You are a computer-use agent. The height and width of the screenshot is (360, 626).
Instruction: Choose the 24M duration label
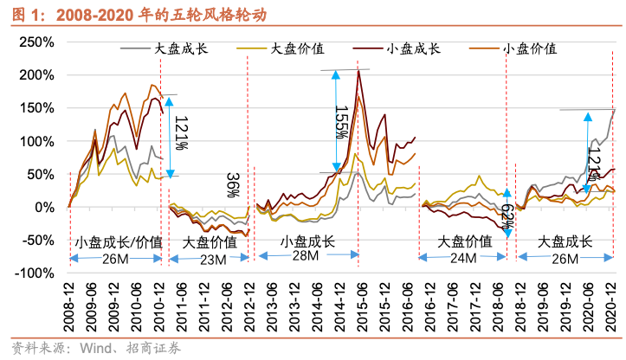pos(463,259)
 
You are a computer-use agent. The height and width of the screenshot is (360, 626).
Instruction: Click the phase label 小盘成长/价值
pos(118,242)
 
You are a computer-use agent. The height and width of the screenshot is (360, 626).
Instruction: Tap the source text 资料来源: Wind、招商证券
pos(94,348)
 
